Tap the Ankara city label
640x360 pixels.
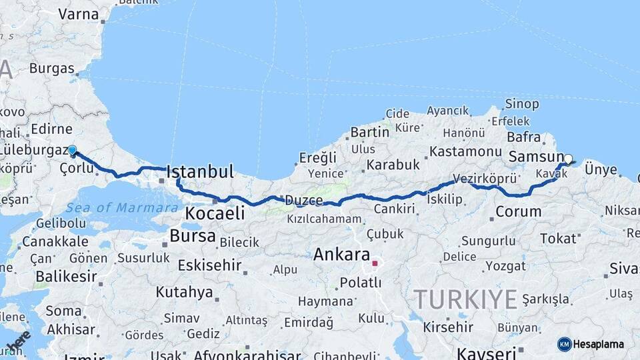pos(341,254)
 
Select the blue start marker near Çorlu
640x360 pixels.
pos(72,151)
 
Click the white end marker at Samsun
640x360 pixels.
pos(568,159)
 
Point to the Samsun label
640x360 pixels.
pos(536,157)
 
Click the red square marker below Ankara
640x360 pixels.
pos(375,263)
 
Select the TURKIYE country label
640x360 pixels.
pos(465,299)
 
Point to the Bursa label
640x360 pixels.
pos(193,235)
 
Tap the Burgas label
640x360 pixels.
pos(51,68)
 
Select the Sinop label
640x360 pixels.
pos(522,103)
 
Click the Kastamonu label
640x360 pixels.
pos(465,152)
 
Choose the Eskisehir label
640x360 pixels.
pos(209,265)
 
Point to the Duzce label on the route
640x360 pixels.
pos(304,200)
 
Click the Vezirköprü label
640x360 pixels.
pos(485,179)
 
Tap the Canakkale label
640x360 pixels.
pos(55,241)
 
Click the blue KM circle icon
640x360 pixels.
pos(565,344)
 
